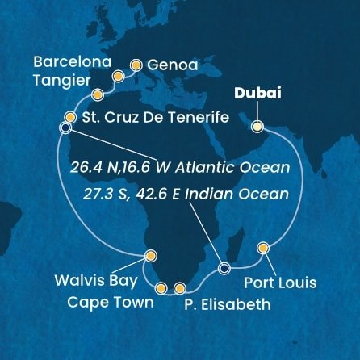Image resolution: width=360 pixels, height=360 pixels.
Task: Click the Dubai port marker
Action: (257, 126)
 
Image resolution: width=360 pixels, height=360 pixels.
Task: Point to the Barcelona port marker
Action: (118, 77)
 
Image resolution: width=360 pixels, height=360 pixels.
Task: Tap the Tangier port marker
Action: (98, 93)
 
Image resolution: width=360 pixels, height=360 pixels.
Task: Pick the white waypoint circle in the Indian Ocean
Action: (224, 268)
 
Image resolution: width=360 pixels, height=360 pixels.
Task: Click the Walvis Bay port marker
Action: (149, 256)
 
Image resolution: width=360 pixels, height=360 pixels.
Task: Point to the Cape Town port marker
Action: (161, 287)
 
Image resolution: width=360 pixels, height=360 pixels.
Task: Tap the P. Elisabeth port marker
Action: (179, 287)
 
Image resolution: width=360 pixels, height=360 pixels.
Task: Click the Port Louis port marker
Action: (263, 247)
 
